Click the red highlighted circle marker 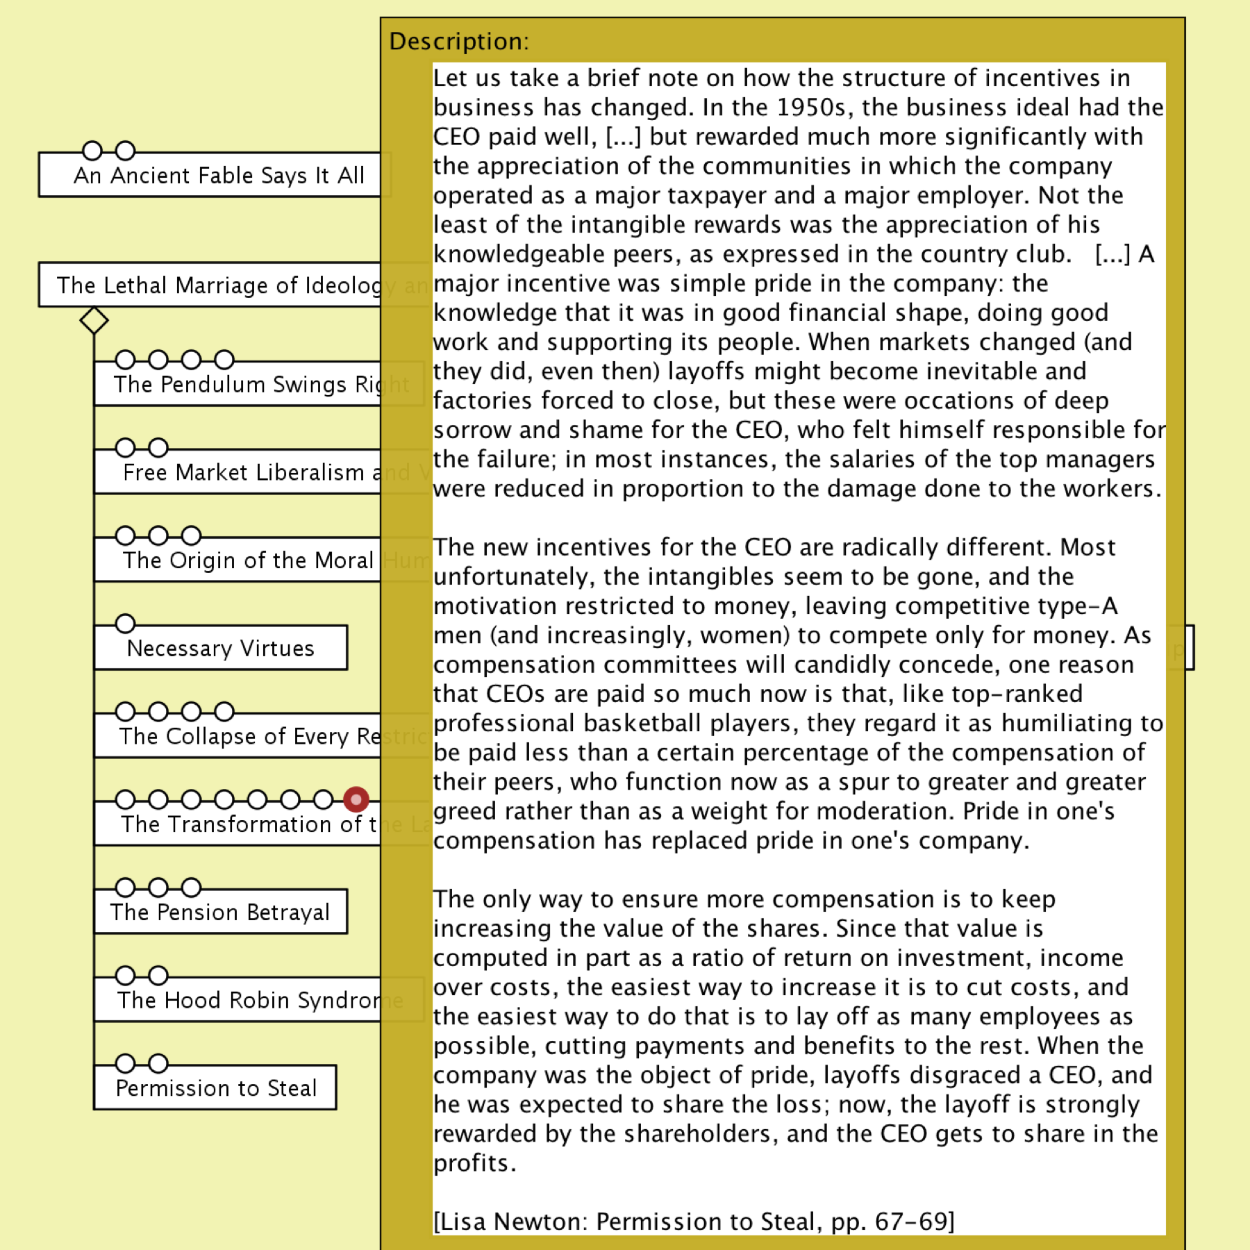tap(356, 799)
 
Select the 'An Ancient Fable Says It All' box tap(218, 176)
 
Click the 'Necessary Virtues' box tap(221, 648)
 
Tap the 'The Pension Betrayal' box tap(220, 912)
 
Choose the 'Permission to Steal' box tap(216, 1087)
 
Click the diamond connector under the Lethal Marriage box tap(94, 321)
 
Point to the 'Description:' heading tap(459, 42)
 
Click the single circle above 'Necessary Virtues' tap(125, 624)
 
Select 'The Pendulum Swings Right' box tap(236, 384)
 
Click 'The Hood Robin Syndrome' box tap(236, 1000)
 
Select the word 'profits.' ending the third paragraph tap(475, 1163)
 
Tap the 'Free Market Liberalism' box tap(243, 472)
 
